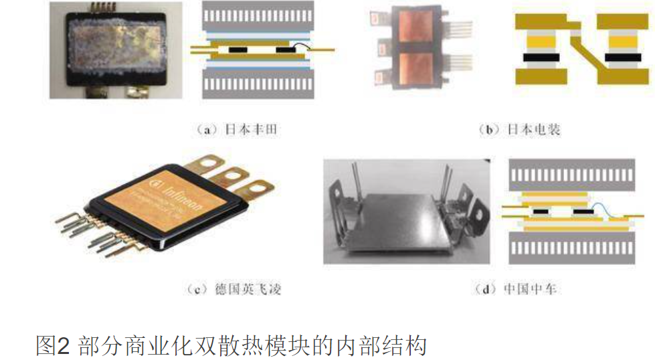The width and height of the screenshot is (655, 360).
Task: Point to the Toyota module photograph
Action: pyautogui.click(x=115, y=51)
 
